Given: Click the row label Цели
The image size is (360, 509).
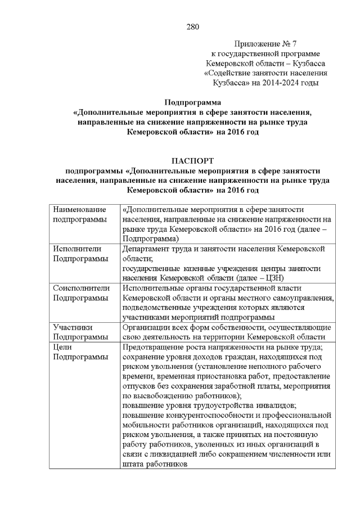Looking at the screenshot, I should [62, 346].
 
